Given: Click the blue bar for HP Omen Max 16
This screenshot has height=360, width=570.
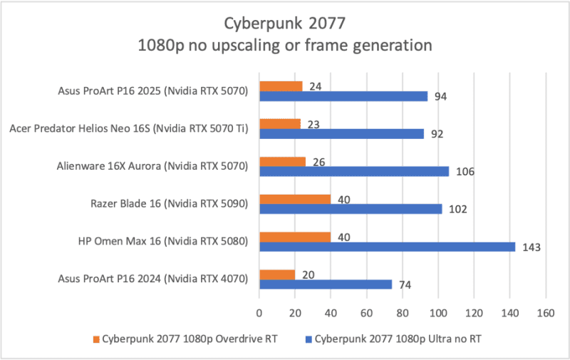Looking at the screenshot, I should [x=387, y=247].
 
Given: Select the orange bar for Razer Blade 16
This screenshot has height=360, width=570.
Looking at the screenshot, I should [x=295, y=199].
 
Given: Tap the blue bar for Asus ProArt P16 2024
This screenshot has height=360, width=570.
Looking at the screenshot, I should [x=326, y=284].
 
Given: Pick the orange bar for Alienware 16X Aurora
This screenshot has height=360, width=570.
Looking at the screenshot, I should [x=282, y=162].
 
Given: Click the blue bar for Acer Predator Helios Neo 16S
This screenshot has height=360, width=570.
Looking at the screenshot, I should [x=341, y=133].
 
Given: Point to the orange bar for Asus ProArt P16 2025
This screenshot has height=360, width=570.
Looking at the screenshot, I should [x=281, y=86].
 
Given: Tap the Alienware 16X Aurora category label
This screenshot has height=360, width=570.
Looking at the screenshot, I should [x=152, y=166].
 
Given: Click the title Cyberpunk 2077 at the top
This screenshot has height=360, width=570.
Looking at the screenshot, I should [x=284, y=24].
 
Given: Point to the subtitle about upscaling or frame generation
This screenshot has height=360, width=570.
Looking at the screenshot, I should [x=284, y=46].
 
